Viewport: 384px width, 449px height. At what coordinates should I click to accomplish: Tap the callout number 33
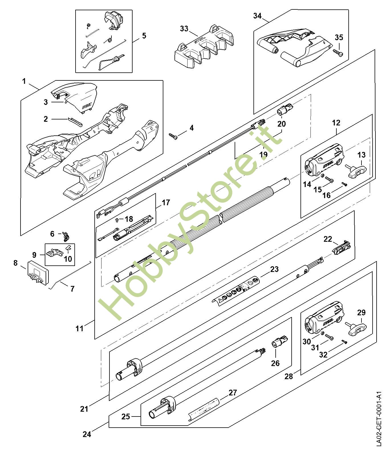[x=184, y=29]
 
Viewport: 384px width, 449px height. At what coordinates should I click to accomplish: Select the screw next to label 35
[x=338, y=52]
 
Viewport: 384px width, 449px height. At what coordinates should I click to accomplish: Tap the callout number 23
[x=274, y=269]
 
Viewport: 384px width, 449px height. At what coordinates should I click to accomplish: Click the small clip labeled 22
[x=341, y=247]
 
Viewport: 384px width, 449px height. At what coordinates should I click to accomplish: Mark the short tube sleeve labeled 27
[x=204, y=408]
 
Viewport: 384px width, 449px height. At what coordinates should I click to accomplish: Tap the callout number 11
[x=80, y=328]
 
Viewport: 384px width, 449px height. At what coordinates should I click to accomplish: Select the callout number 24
[x=87, y=434]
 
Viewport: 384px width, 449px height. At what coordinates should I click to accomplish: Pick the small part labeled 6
[x=66, y=235]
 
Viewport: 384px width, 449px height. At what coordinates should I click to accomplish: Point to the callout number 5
[x=144, y=36]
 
